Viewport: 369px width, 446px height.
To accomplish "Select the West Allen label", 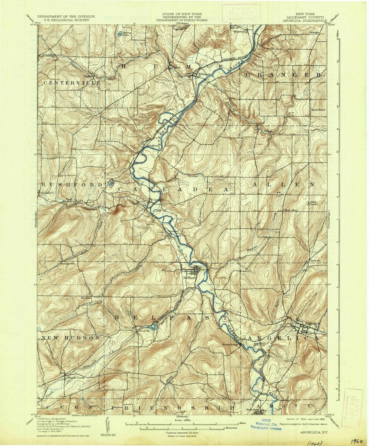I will click(291, 210).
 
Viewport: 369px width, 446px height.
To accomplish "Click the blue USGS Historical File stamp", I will click(266, 420).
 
